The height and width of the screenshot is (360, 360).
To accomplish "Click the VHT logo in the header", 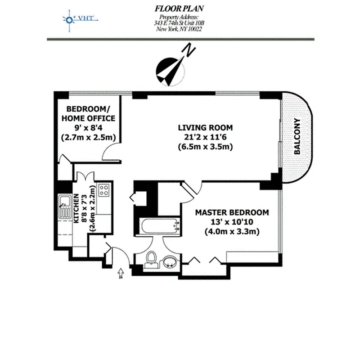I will click(81, 19).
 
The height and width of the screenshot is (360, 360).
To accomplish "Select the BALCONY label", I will click(297, 137).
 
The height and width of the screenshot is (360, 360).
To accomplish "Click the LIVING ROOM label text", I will click(198, 127).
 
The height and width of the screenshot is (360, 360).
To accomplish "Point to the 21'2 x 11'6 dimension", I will click(198, 137).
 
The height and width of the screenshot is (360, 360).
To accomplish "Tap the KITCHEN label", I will click(76, 209).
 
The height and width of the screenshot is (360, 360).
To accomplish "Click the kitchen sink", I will click(63, 207).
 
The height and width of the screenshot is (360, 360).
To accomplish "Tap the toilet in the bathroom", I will click(152, 259).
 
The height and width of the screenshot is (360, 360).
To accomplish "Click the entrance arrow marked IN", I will click(121, 272).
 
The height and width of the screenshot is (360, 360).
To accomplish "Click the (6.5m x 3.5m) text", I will click(198, 147).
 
